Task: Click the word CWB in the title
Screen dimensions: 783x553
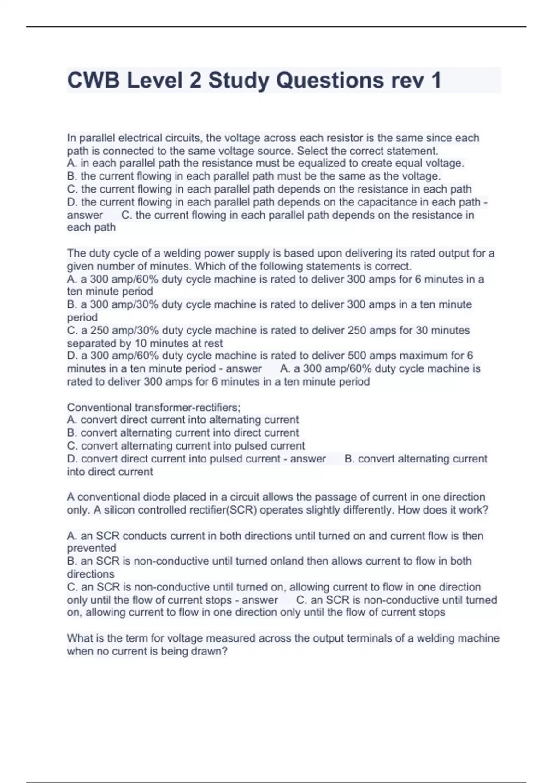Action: tap(94, 80)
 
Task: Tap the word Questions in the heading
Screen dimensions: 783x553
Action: tap(329, 80)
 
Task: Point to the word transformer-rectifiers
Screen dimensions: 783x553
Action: tap(188, 407)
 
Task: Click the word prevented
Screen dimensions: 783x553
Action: tap(91, 548)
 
